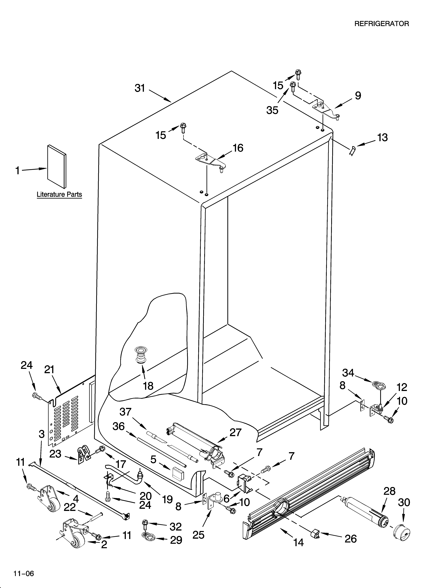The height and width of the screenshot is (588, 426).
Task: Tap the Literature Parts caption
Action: pos(59,194)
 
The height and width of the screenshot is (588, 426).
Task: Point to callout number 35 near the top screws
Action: pos(272,110)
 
